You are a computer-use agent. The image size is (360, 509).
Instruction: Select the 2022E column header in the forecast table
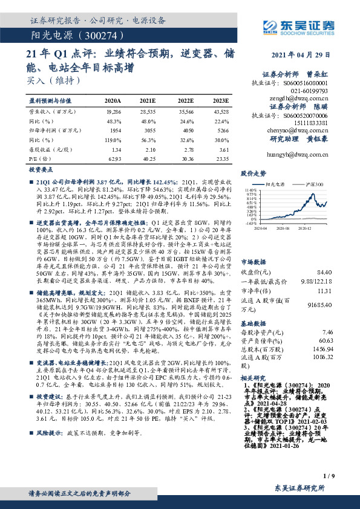point(186,100)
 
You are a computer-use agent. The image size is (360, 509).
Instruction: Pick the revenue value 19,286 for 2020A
point(113,112)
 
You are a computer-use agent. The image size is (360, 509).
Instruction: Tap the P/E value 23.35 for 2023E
point(221,158)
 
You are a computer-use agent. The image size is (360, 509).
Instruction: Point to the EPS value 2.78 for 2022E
point(185,149)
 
